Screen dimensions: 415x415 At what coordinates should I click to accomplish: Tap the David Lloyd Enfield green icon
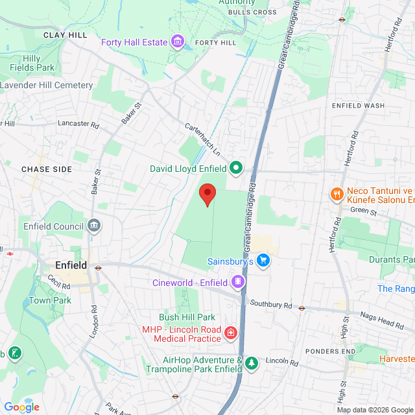click(x=236, y=169)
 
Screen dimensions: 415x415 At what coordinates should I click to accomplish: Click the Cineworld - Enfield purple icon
click(x=238, y=282)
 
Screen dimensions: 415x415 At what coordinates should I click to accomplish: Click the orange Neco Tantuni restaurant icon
click(x=337, y=193)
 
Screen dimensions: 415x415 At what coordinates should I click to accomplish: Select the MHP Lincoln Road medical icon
click(x=230, y=333)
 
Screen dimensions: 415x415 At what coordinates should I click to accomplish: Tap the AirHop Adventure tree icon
click(x=251, y=364)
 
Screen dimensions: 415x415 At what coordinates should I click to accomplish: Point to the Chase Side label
click(x=47, y=169)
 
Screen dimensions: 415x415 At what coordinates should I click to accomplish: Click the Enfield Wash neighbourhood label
click(x=358, y=106)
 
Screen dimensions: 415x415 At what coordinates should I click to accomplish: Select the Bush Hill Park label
click(x=187, y=317)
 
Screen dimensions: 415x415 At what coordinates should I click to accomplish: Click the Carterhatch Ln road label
click(x=203, y=139)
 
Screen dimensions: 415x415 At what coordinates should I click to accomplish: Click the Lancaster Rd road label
click(x=78, y=123)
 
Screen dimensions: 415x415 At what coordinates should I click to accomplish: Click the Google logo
click(x=21, y=407)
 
